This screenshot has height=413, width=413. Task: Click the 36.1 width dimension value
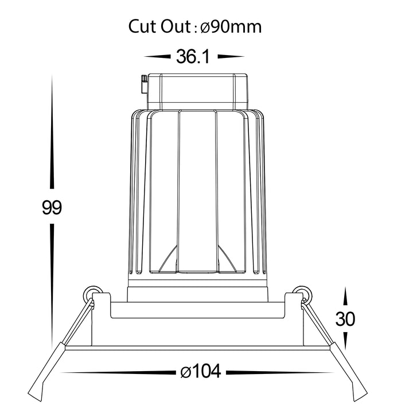point(193,56)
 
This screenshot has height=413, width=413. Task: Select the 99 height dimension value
point(52,207)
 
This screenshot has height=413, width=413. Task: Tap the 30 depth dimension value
point(345,319)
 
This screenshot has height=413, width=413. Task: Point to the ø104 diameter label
point(201,371)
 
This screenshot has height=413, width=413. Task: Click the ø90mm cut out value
point(231,26)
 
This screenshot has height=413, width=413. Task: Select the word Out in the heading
point(176,26)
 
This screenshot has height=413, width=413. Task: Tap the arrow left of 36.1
point(157,56)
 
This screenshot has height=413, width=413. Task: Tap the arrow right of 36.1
point(231,56)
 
